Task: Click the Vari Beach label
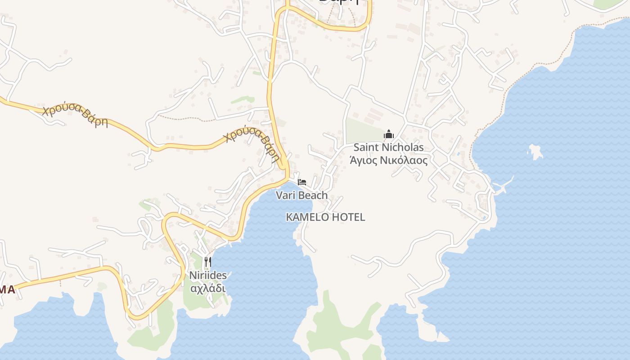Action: (301, 195)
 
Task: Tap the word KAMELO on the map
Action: (305, 217)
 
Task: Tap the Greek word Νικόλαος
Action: (403, 160)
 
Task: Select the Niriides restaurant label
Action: (207, 275)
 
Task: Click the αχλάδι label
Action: (207, 288)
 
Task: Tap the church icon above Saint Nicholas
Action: (389, 134)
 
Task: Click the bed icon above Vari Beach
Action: (301, 182)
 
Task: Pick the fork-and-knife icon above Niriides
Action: (207, 261)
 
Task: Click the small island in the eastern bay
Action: (535, 152)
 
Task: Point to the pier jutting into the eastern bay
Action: (504, 185)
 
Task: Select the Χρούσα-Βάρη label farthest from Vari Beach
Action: (75, 115)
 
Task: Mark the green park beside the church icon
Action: (363, 130)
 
